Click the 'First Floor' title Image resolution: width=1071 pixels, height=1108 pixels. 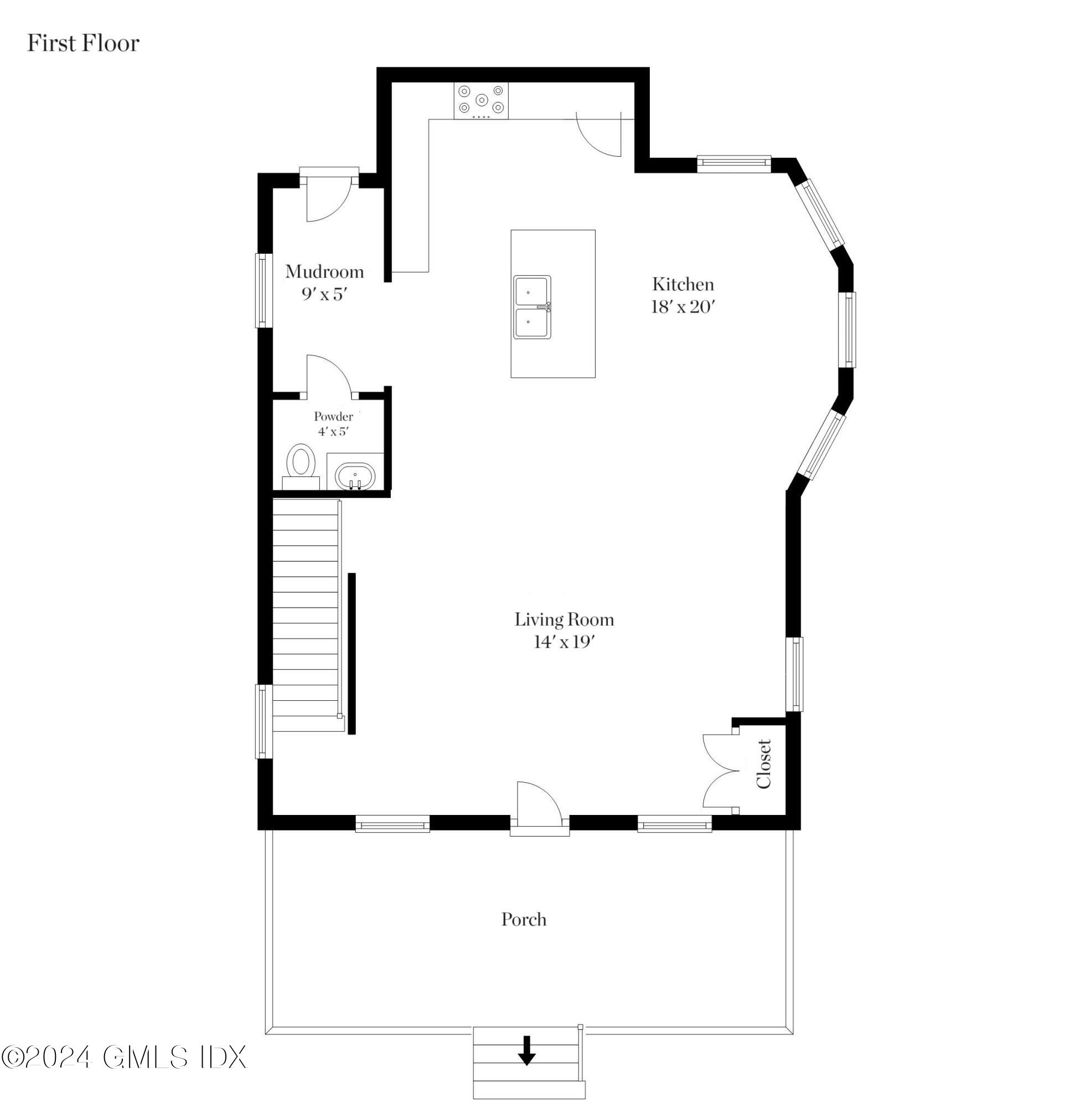tap(83, 44)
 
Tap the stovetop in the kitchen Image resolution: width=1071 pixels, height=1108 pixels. tap(481, 100)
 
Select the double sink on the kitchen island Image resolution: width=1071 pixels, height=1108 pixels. tap(532, 307)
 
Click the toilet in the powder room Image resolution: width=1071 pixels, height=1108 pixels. tap(301, 466)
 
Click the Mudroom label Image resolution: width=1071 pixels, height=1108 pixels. tap(324, 271)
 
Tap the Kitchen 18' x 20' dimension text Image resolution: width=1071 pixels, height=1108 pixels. tap(684, 306)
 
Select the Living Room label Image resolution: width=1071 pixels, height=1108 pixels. tap(564, 619)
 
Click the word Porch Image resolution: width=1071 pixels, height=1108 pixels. tap(524, 919)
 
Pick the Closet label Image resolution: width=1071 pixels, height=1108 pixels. tap(764, 763)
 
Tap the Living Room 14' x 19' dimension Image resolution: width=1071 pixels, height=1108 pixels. tap(564, 642)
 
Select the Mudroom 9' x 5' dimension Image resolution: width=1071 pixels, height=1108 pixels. tap(324, 294)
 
